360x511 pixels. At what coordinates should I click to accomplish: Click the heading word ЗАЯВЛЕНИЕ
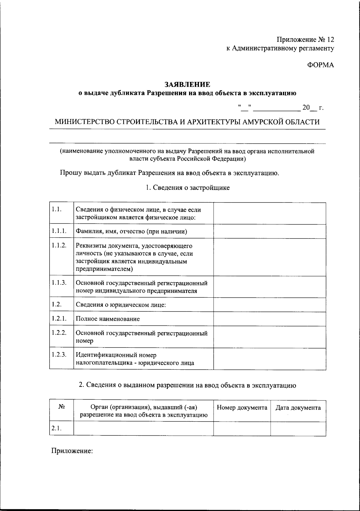(187, 84)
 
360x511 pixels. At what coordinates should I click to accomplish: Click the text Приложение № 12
(305, 40)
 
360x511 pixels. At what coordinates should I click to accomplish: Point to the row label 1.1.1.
(58, 231)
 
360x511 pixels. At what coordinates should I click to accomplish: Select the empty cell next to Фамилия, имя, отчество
(269, 231)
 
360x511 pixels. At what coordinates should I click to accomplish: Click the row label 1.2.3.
(58, 355)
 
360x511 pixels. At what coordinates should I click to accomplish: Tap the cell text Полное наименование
(108, 319)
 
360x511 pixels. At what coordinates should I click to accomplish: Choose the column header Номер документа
(242, 407)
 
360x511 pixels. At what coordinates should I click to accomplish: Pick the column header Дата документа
(298, 407)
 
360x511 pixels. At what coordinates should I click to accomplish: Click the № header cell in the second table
(62, 407)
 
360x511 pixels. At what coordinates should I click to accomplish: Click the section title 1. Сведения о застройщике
(187, 188)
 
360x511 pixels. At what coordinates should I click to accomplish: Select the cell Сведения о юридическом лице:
(121, 305)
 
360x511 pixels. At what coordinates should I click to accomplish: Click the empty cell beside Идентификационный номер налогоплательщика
(269, 359)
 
